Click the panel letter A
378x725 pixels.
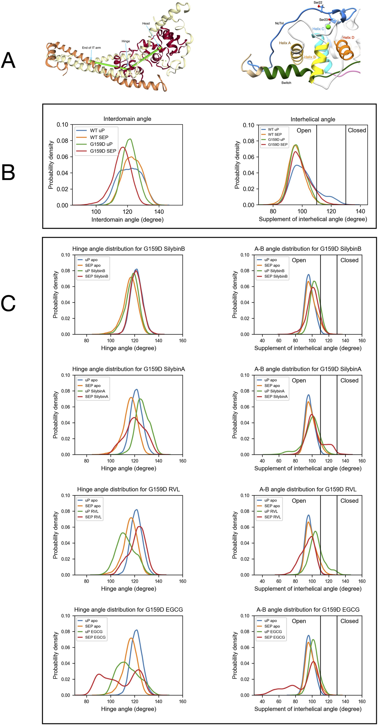[x=8, y=60]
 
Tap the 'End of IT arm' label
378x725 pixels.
[x=91, y=48]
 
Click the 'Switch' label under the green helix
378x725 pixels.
[x=286, y=83]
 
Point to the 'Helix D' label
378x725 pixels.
[x=348, y=38]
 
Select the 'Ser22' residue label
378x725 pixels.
[x=318, y=3]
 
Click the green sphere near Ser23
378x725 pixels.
[x=328, y=27]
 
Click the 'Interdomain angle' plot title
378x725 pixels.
[x=127, y=119]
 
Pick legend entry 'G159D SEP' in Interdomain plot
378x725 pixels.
[x=103, y=151]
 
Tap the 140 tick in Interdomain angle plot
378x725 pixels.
[x=159, y=212]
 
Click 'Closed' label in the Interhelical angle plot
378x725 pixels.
[x=357, y=130]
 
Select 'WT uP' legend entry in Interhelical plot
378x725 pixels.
[x=273, y=129]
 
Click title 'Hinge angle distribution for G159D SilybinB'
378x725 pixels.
[x=128, y=249]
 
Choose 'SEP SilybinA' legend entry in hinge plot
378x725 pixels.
[x=96, y=396]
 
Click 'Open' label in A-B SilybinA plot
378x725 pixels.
[x=298, y=380]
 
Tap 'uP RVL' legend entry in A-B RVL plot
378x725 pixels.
[x=271, y=511]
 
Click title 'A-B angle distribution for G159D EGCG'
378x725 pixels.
[x=308, y=609]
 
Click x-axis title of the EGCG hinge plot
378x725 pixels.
[x=128, y=709]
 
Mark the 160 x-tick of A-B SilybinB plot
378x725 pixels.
[x=362, y=341]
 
